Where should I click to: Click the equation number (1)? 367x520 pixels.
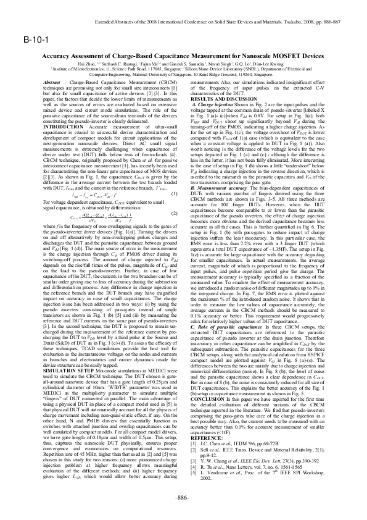tap(175, 195)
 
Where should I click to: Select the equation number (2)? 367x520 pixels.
tap(175, 213)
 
